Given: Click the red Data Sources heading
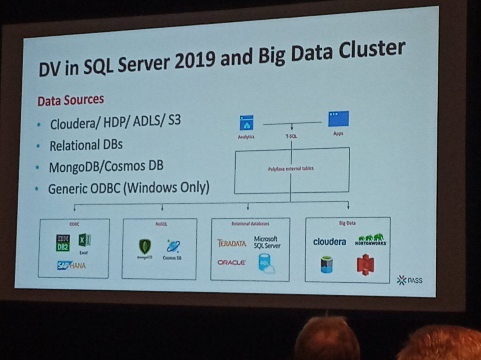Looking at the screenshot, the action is tap(71, 100).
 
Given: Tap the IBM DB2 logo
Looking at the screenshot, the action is tap(63, 243).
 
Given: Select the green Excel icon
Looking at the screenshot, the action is tap(84, 240).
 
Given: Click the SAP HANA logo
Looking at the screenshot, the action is tap(71, 265).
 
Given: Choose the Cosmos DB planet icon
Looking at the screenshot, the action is tap(173, 246).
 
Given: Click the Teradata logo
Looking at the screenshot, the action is tap(231, 243).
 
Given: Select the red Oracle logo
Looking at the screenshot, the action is tap(231, 263).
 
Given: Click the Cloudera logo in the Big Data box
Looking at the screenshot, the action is tap(329, 241).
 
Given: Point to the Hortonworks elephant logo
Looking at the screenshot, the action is tap(370, 239).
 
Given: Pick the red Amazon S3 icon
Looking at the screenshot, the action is tap(365, 265).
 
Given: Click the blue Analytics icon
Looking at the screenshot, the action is tap(247, 123).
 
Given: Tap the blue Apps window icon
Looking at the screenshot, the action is tap(338, 119).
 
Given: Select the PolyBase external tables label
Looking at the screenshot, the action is tap(291, 169).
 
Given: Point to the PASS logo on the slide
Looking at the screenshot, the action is tap(410, 280).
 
